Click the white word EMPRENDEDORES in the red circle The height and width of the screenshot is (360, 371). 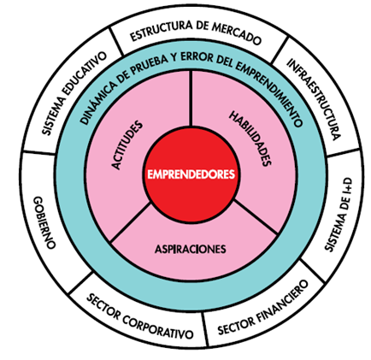point(191,174)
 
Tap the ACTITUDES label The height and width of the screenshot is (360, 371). point(127,145)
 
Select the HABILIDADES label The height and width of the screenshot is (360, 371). point(250,139)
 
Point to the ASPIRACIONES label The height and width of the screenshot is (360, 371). point(191,249)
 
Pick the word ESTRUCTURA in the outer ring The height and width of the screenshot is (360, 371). point(161,31)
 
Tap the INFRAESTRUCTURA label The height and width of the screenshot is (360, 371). point(314,99)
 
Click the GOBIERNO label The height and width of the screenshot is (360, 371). point(44,222)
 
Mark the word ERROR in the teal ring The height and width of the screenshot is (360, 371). point(196,58)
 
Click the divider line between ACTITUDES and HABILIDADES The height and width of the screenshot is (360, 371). point(191,98)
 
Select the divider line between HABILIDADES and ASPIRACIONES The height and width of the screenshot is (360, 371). point(255,217)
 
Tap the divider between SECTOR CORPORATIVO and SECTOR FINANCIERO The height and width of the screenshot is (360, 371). point(205,329)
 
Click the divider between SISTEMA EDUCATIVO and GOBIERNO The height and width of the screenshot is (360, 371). point(38,152)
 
